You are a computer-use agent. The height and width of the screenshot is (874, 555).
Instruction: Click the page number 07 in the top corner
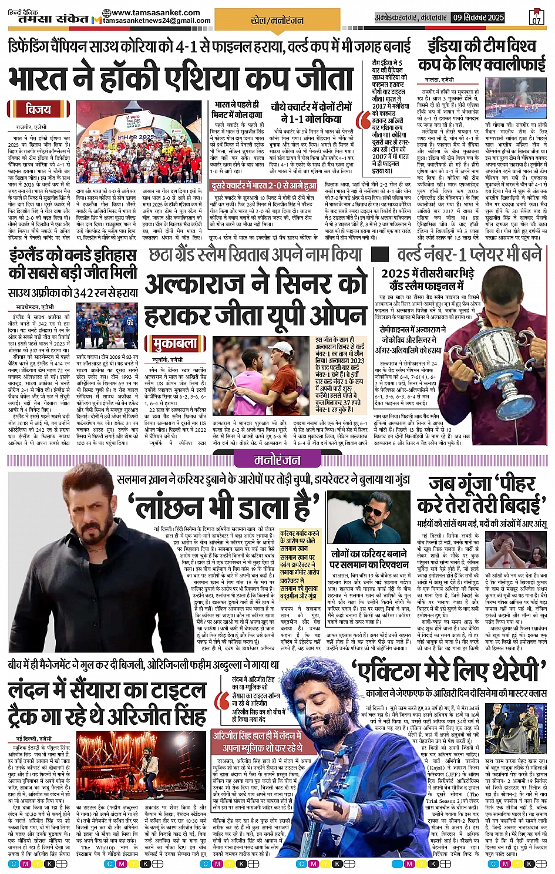pos(536,20)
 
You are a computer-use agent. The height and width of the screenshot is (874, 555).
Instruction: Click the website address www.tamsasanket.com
pos(155,12)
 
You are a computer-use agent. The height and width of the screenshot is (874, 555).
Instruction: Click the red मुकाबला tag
pos(176,343)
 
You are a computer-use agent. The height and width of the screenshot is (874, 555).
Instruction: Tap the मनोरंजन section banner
pos(277,459)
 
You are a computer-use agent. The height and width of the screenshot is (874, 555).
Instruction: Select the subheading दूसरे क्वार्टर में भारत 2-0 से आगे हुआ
pos(264,186)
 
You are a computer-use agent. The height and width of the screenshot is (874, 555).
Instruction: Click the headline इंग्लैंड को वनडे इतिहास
pos(73,256)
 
